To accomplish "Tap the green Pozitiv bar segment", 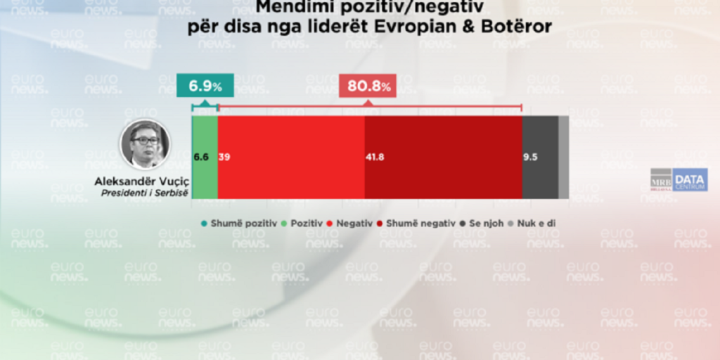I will (x=205, y=157).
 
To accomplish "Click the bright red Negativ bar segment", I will (x=291, y=157).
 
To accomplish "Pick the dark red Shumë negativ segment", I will (x=443, y=157).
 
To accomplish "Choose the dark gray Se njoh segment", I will (x=540, y=157).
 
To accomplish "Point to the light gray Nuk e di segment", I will (x=563, y=157).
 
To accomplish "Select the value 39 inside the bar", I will (x=224, y=157).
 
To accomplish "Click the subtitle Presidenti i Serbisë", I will (x=143, y=193).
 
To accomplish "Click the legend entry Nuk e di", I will (x=537, y=224).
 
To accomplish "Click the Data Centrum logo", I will (x=688, y=181).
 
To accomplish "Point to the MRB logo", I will (x=660, y=179).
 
